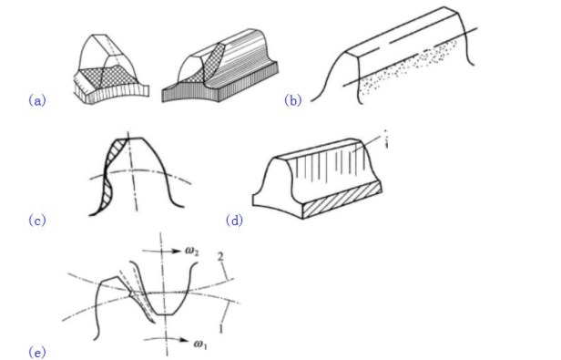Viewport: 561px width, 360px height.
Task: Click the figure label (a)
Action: coord(37,100)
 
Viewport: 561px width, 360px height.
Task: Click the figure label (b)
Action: coord(293,100)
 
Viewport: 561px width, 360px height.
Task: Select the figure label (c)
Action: coord(37,220)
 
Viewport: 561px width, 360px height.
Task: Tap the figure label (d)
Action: coord(234,220)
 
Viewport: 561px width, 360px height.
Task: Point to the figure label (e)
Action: coord(37,353)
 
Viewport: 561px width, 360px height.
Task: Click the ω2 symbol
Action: coord(192,252)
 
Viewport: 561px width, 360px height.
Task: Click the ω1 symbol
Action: coord(200,344)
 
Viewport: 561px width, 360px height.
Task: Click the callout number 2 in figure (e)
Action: coord(220,256)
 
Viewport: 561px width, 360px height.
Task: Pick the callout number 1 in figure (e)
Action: coord(221,328)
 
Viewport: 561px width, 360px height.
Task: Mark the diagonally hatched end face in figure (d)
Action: coord(342,200)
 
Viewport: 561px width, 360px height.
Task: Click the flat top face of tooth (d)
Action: coord(316,149)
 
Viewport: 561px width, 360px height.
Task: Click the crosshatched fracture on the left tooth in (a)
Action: coord(107,77)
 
